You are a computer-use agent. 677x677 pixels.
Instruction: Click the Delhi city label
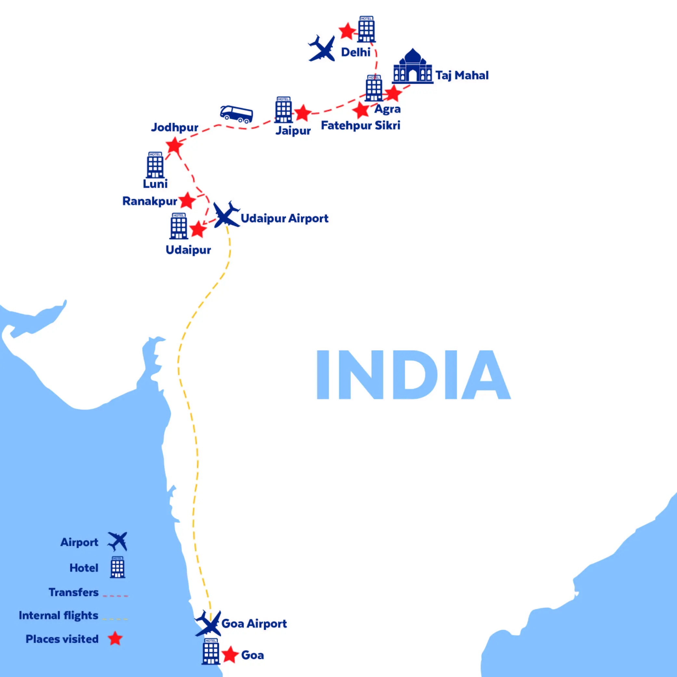pyautogui.click(x=355, y=53)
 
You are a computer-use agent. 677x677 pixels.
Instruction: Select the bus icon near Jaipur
pyautogui.click(x=237, y=114)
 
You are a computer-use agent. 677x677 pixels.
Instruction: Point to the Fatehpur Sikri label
pyautogui.click(x=360, y=125)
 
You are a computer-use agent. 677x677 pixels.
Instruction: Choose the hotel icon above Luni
pyautogui.click(x=155, y=165)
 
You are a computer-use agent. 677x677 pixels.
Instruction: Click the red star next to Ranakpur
pyautogui.click(x=187, y=201)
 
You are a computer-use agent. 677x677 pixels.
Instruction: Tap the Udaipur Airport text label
pyautogui.click(x=284, y=219)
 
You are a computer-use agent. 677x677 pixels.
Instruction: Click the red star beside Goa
pyautogui.click(x=230, y=655)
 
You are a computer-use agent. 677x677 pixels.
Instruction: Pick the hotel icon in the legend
pyautogui.click(x=117, y=567)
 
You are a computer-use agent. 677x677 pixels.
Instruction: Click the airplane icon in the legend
pyautogui.click(x=118, y=541)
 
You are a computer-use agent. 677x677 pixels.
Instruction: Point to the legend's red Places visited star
pyautogui.click(x=115, y=639)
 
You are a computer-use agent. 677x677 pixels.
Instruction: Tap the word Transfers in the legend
pyautogui.click(x=73, y=592)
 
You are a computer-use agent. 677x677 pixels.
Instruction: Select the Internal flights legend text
pyautogui.click(x=59, y=616)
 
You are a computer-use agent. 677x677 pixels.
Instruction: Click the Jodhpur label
pyautogui.click(x=175, y=127)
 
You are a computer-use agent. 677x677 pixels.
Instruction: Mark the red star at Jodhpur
pyautogui.click(x=174, y=145)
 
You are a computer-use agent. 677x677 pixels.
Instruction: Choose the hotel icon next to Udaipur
pyautogui.click(x=179, y=226)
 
